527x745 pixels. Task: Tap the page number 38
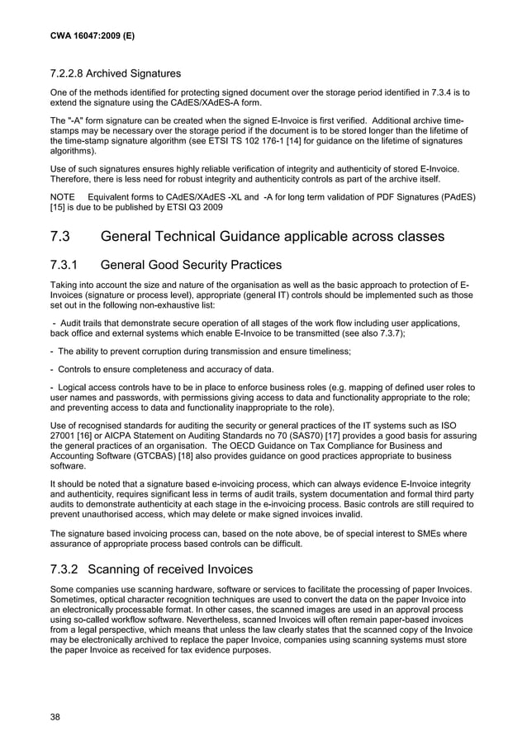55,717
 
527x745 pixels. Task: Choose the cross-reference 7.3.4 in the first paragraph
418,93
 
